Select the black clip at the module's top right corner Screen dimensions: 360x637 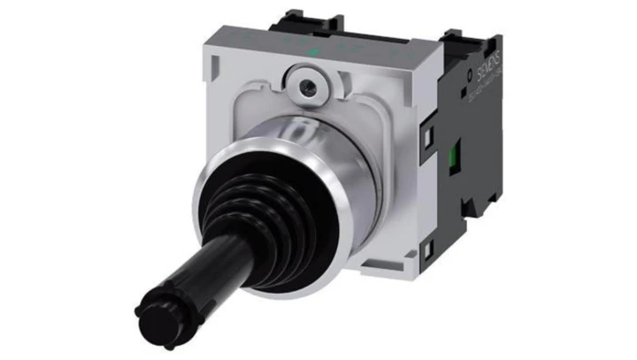coord(464,39)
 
